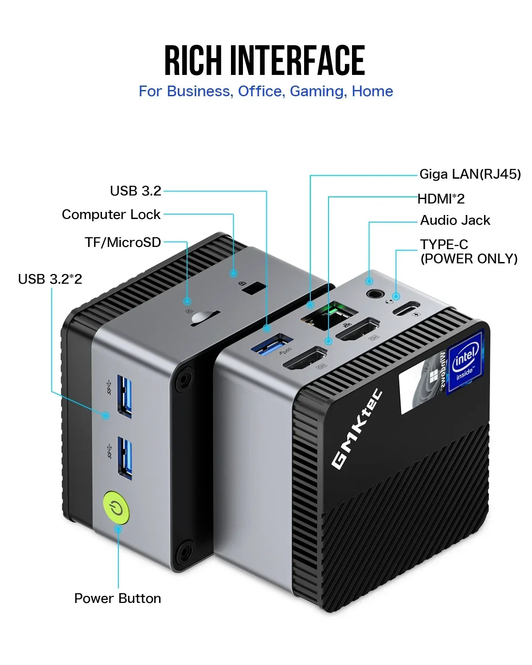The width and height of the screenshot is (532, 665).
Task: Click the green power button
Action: (x=116, y=508)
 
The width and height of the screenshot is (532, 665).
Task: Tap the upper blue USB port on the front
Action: (x=125, y=396)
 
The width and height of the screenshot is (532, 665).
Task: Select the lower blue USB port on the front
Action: (x=125, y=458)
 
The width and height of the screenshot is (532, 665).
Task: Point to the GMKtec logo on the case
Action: (x=357, y=429)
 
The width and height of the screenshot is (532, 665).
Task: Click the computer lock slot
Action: (x=254, y=288)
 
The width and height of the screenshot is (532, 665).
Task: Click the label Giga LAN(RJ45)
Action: (x=470, y=174)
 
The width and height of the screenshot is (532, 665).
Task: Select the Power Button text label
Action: (x=117, y=598)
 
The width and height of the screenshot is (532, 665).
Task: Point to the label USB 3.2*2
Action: (x=50, y=279)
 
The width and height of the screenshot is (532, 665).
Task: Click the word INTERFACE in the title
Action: (x=297, y=61)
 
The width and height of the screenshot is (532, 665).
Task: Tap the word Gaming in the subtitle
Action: (x=318, y=91)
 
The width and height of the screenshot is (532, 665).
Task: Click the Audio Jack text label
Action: (x=455, y=220)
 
